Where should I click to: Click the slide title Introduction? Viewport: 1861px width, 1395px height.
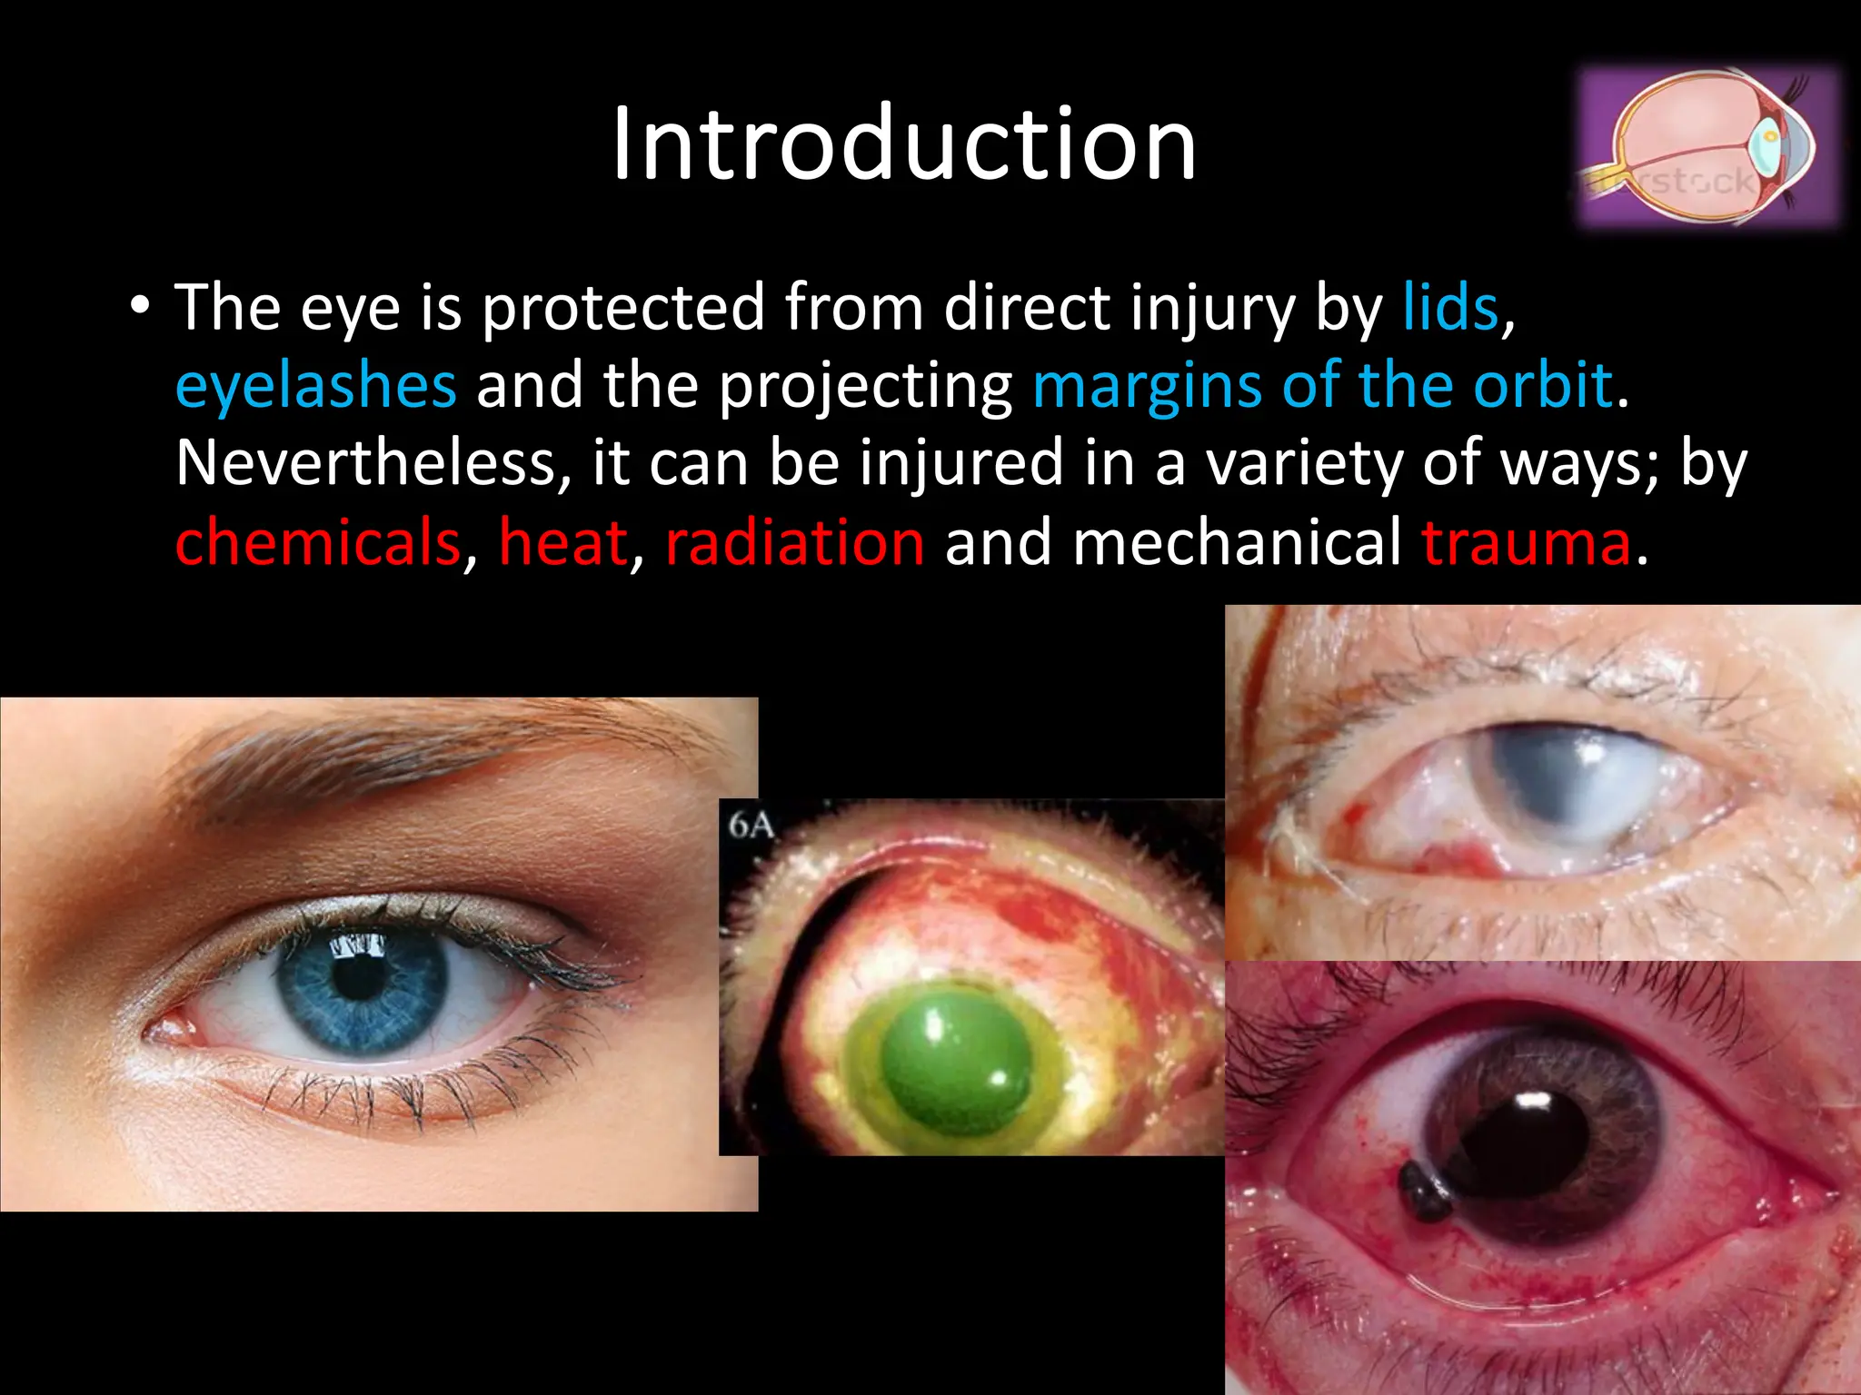pyautogui.click(x=903, y=145)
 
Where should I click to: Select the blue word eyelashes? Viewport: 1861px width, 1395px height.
pyautogui.click(x=315, y=385)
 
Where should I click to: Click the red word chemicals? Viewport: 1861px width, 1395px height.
pyautogui.click(x=318, y=542)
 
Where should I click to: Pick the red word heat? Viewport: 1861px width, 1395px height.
pyautogui.click(x=562, y=542)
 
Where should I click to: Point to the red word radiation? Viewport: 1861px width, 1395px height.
pyautogui.click(x=795, y=542)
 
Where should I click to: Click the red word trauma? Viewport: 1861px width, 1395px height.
pyautogui.click(x=1527, y=542)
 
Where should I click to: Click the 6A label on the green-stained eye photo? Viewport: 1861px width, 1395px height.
pyautogui.click(x=750, y=826)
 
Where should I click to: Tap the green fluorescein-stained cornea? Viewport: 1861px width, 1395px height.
pyautogui.click(x=954, y=1063)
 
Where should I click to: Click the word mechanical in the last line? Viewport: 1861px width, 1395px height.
pyautogui.click(x=1237, y=542)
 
